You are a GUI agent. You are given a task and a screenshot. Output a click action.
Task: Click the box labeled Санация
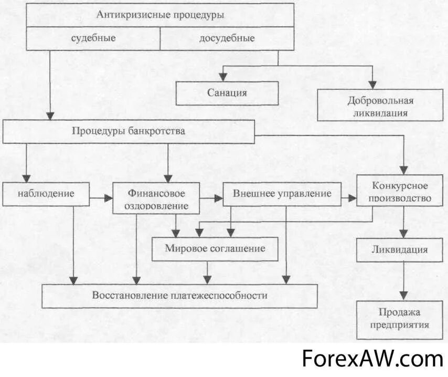tap(227, 93)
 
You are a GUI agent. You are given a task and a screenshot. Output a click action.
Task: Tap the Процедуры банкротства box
tap(129, 131)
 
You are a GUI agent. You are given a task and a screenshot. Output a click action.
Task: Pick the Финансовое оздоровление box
tap(156, 198)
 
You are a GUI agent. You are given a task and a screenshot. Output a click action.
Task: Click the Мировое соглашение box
tap(215, 248)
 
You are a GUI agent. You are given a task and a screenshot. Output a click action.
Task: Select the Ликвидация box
tap(400, 249)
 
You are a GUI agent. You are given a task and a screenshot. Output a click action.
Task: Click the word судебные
tap(93, 38)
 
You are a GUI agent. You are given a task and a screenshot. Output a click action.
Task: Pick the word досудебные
tap(227, 38)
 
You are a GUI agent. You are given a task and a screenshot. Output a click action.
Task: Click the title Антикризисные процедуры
tap(160, 14)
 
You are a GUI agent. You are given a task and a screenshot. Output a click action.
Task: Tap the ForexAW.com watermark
tap(372, 359)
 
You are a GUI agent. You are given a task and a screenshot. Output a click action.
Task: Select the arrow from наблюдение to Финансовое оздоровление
tap(101, 198)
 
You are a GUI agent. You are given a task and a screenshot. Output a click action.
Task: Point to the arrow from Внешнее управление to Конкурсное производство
tap(348, 198)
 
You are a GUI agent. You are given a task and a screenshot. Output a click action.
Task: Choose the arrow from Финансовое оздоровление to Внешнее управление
tap(211, 198)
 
